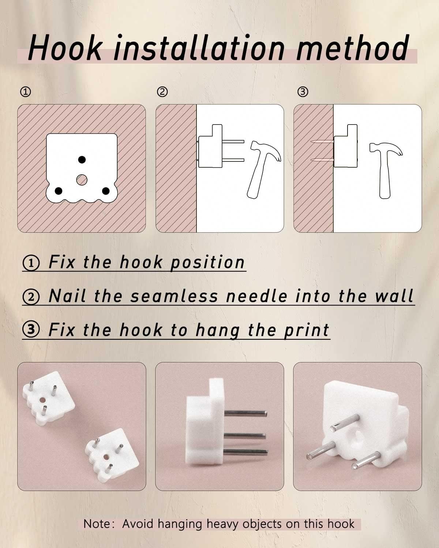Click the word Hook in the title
[x=65, y=48]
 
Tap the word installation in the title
[x=199, y=48]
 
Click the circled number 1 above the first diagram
[x=25, y=92]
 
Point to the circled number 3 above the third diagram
[x=303, y=92]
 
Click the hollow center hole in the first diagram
[x=82, y=180]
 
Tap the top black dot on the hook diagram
[x=82, y=160]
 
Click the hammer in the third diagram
[x=386, y=171]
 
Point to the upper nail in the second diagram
[x=233, y=141]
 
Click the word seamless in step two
[x=175, y=296]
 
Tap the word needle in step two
[x=257, y=296]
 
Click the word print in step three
[x=307, y=330]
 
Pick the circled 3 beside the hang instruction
[x=31, y=329]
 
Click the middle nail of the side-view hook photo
[x=245, y=436]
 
